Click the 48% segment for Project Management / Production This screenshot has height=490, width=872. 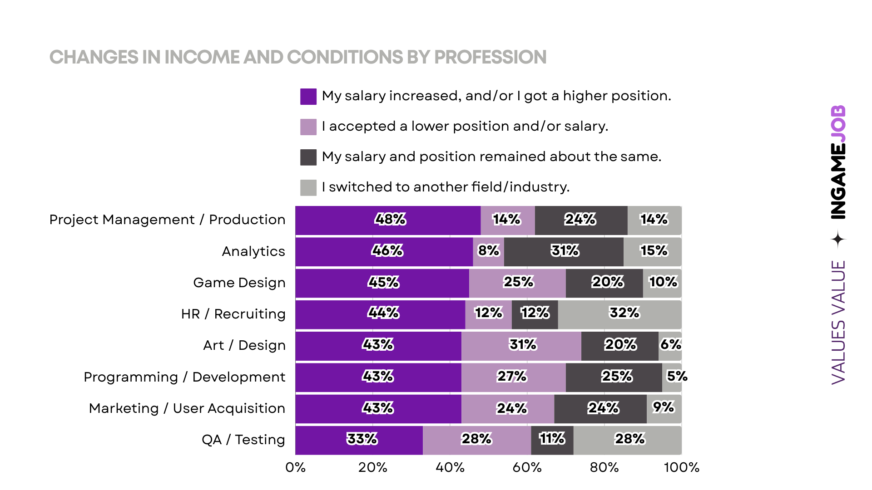click(x=388, y=220)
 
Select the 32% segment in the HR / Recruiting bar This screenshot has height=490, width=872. click(x=619, y=314)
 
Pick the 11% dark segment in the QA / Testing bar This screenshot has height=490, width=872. click(x=552, y=440)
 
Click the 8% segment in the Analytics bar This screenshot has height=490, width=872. click(x=488, y=252)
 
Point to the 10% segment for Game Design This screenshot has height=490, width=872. click(x=662, y=283)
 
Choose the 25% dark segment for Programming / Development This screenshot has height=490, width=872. click(x=614, y=377)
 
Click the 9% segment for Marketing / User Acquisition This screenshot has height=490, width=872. click(x=664, y=409)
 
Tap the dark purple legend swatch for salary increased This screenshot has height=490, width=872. click(x=308, y=97)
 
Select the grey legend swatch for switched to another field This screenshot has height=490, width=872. click(x=308, y=187)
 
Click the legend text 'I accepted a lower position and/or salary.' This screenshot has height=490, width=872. click(x=465, y=127)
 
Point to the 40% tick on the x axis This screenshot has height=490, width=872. click(x=450, y=468)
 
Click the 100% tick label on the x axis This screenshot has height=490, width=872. click(x=681, y=468)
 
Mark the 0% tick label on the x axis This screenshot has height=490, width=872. click(x=295, y=468)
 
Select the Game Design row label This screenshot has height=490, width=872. click(x=239, y=283)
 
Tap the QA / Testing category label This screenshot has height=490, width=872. click(x=243, y=440)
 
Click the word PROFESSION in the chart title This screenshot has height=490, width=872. click(x=490, y=58)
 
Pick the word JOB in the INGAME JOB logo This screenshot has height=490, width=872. click(x=838, y=124)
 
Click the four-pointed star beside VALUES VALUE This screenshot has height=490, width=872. click(x=838, y=239)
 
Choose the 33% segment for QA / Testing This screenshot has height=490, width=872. click(x=359, y=440)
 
